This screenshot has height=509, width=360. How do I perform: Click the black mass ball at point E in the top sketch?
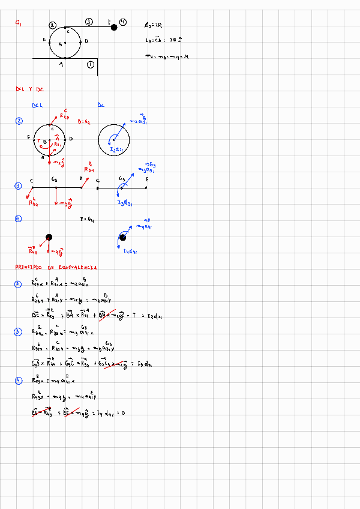(x=114, y=27)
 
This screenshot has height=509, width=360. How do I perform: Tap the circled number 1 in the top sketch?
(x=91, y=64)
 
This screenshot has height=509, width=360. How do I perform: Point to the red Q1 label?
(x=19, y=23)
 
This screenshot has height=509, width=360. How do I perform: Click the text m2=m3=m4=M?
(x=167, y=56)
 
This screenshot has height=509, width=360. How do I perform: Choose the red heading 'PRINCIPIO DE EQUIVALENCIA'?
(x=57, y=268)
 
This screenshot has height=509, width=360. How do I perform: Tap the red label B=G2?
(x=84, y=121)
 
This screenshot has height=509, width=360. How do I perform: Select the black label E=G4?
(x=87, y=220)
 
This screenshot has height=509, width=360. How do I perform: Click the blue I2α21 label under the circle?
(x=117, y=149)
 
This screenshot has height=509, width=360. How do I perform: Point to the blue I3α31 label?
(x=125, y=203)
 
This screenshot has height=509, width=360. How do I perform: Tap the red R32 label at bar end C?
(x=34, y=203)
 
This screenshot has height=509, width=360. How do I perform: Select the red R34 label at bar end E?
(x=89, y=169)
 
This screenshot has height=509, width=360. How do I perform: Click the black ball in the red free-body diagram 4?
(x=49, y=237)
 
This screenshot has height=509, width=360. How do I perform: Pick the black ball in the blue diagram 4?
(x=122, y=237)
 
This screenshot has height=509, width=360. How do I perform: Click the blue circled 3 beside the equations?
(x=18, y=332)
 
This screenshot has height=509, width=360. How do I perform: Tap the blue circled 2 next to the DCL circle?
(x=19, y=121)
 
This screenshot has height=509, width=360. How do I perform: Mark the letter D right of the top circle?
(x=87, y=41)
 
